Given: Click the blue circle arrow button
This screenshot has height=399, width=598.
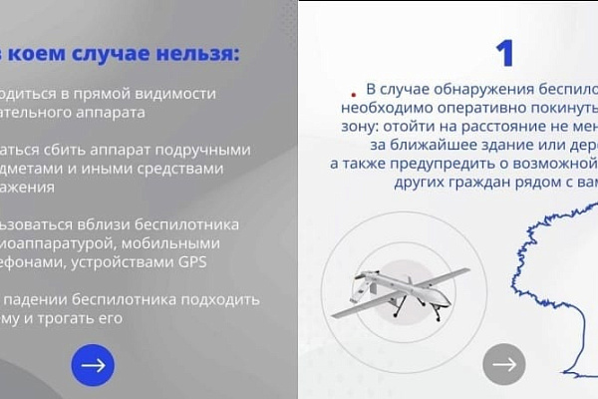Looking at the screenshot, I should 93,364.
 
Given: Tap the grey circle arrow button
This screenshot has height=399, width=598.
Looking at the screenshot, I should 504,364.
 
